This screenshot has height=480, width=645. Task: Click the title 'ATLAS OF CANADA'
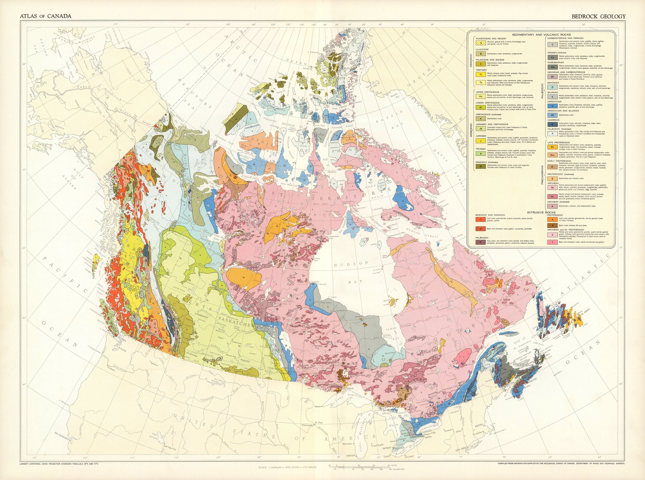tap(45, 16)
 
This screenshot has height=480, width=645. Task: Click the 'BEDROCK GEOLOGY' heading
tap(599, 17)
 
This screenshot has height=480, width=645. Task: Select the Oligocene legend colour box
tap(481, 54)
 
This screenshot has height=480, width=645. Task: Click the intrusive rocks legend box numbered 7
tap(481, 220)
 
